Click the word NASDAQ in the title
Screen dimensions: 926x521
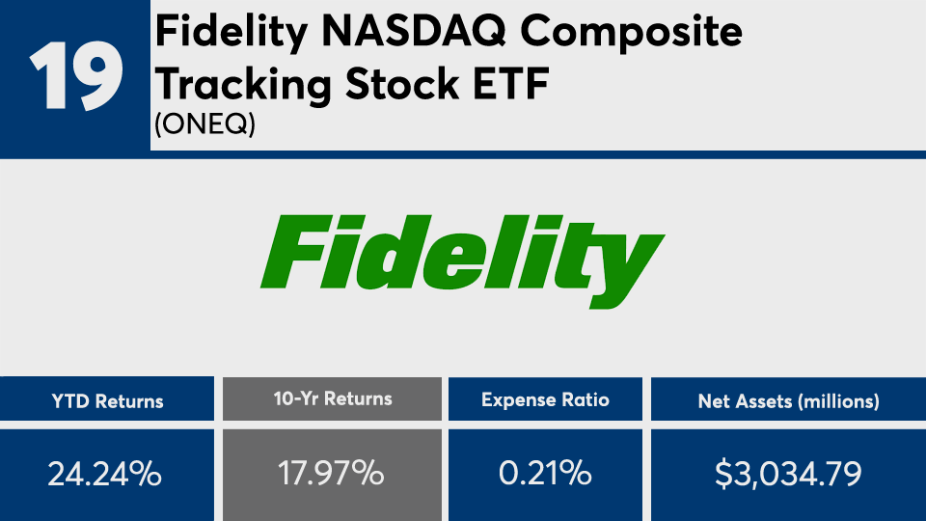point(414,33)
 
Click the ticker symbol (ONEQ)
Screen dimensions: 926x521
point(204,124)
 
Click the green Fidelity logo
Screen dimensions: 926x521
point(462,261)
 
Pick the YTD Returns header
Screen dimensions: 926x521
point(107,401)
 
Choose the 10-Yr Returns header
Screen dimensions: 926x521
point(333,399)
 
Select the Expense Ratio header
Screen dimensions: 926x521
point(545,399)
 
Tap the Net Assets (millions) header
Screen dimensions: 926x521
point(788,401)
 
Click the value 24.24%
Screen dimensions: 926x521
point(104,474)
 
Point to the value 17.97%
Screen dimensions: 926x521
point(331,473)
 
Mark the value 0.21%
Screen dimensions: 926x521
point(545,473)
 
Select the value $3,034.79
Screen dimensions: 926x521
point(788,474)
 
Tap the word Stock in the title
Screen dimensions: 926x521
point(402,83)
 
